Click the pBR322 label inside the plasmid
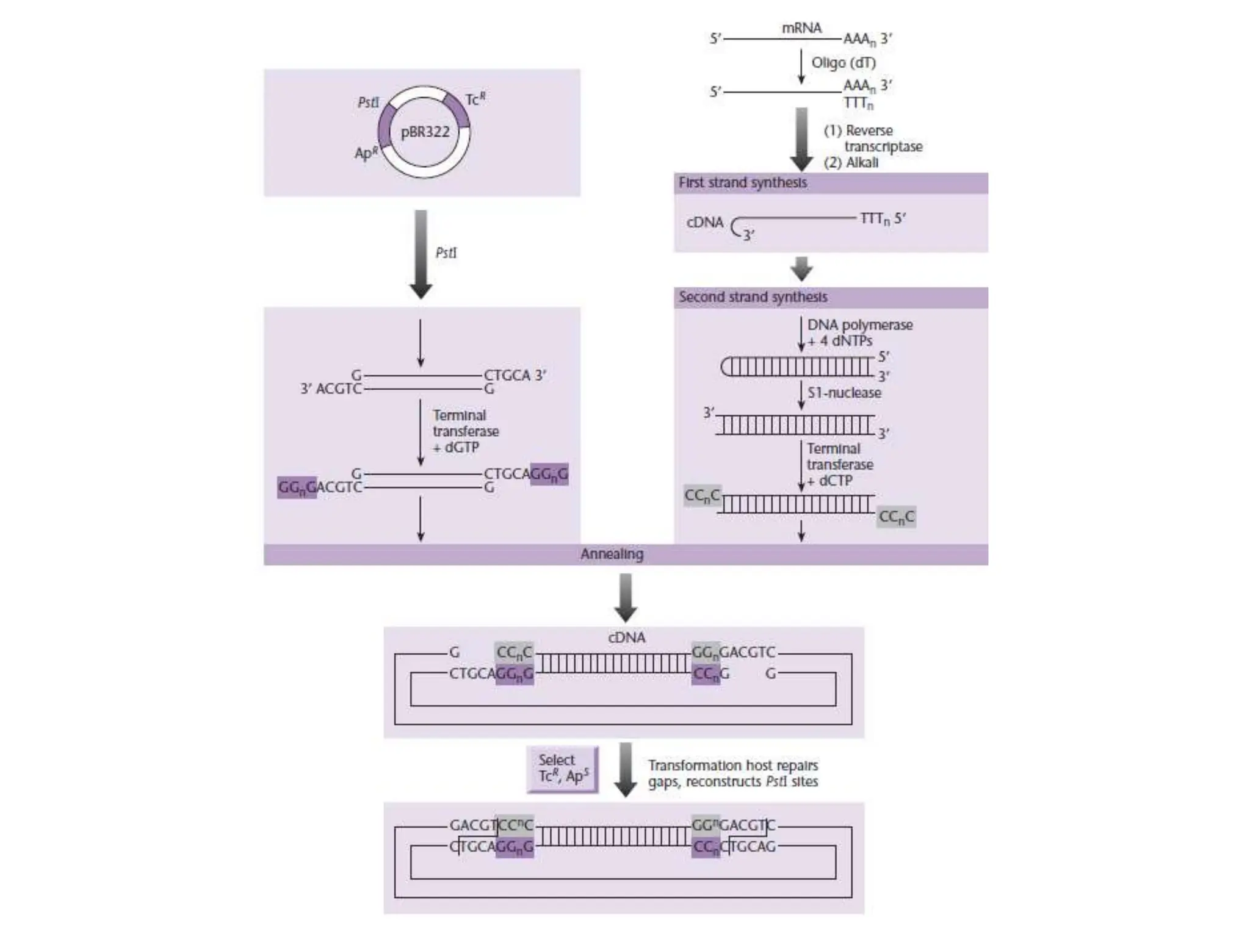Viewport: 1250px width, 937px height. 425,132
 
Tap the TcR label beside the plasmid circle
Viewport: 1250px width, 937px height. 475,99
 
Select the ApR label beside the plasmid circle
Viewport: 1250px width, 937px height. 366,153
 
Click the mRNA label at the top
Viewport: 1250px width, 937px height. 801,28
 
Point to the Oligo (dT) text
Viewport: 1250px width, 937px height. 843,63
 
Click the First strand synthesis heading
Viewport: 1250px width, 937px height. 742,182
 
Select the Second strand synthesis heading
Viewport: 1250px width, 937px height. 753,297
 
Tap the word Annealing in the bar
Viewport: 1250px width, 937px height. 612,554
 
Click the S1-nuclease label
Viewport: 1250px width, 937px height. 844,393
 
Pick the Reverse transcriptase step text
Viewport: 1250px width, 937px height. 873,139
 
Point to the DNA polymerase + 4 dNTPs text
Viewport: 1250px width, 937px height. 859,332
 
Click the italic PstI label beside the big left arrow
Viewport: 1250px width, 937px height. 446,253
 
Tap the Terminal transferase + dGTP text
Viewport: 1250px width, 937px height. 465,431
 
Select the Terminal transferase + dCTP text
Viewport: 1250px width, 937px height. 839,464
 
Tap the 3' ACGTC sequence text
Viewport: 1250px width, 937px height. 331,389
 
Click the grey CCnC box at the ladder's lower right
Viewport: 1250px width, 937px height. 896,517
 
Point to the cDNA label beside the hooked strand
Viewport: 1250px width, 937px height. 704,222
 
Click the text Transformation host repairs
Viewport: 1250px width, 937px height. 732,765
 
